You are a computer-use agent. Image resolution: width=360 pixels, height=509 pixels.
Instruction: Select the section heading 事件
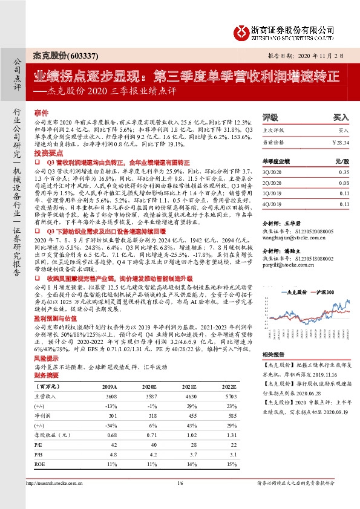pos(41,113)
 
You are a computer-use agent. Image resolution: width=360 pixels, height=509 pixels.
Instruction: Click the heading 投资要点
pos(47,154)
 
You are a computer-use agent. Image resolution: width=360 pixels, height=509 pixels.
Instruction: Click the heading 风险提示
pos(47,359)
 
